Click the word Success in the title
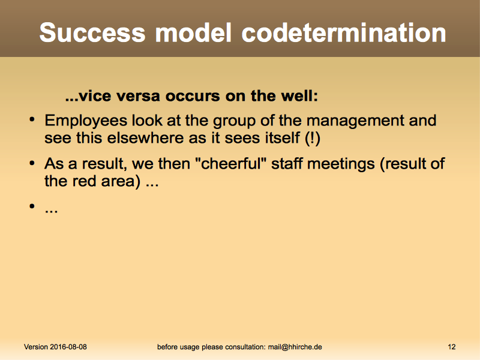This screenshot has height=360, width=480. pyautogui.click(x=92, y=32)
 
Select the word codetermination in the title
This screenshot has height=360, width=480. pyautogui.click(x=344, y=32)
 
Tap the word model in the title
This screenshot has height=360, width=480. pyautogui.click(x=193, y=32)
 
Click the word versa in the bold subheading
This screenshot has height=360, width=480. pyautogui.click(x=138, y=96)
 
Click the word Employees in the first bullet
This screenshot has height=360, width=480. pyautogui.click(x=86, y=121)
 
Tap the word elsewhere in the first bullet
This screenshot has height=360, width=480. pyautogui.click(x=145, y=138)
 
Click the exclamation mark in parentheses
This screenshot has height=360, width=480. pyautogui.click(x=313, y=138)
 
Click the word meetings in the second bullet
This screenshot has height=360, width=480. pyautogui.click(x=341, y=164)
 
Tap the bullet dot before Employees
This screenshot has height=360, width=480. pyautogui.click(x=32, y=119)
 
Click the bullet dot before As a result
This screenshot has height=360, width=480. pyautogui.click(x=32, y=163)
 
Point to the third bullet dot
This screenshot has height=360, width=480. pyautogui.click(x=32, y=206)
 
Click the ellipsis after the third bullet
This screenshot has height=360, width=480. pyautogui.click(x=51, y=211)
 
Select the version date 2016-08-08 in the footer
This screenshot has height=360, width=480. pyautogui.click(x=68, y=347)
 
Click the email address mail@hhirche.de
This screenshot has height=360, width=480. pyautogui.click(x=295, y=347)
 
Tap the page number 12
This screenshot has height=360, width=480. pyautogui.click(x=452, y=347)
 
